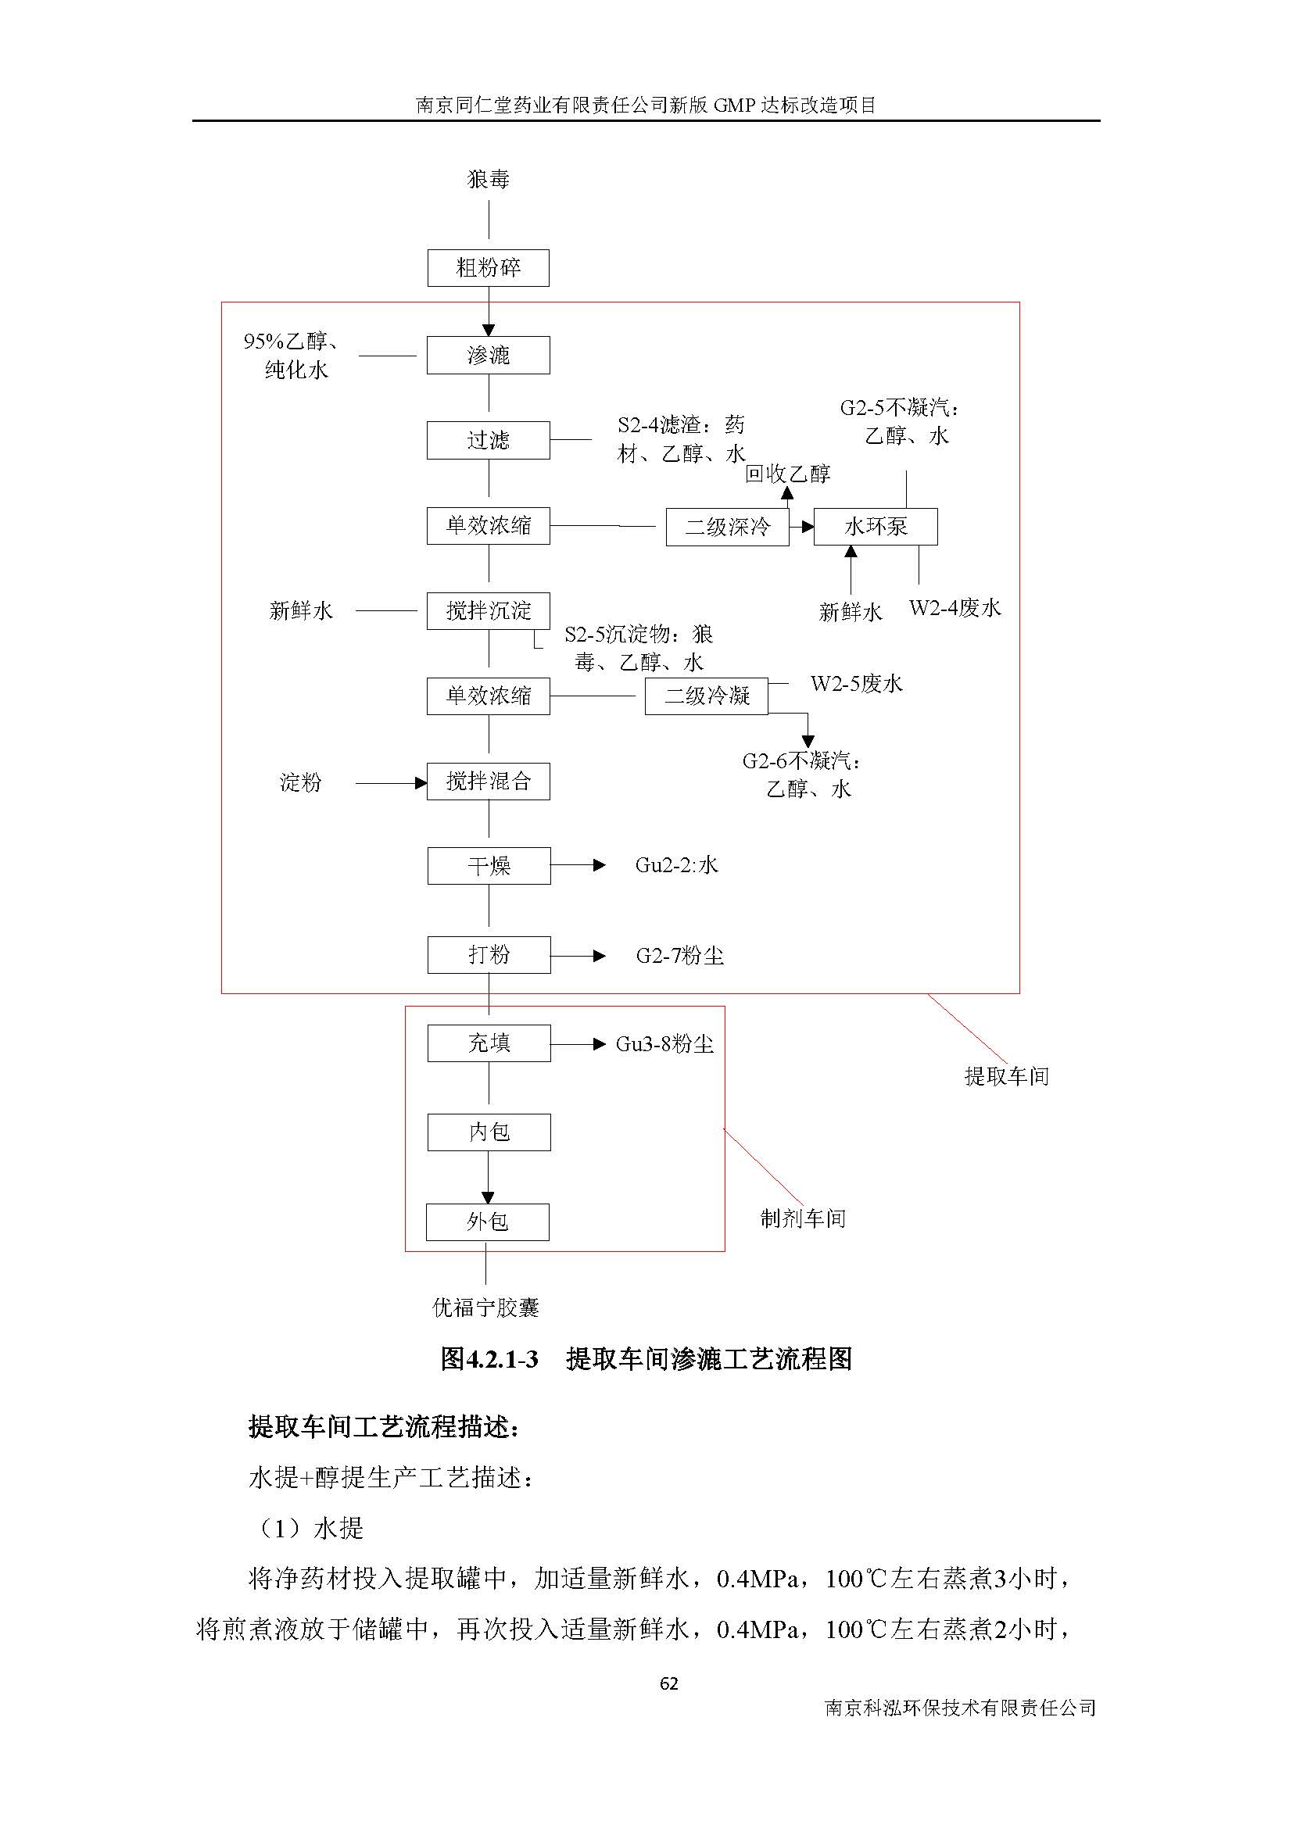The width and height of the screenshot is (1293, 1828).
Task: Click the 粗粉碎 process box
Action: click(x=487, y=268)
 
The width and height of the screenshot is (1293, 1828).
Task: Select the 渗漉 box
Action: click(x=487, y=355)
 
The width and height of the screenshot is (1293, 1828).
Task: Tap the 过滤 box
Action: click(x=487, y=440)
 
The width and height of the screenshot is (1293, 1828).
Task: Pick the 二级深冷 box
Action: click(x=727, y=527)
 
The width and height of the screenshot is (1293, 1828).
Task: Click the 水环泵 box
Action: click(x=875, y=527)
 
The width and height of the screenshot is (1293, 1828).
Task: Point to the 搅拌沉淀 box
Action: click(x=487, y=611)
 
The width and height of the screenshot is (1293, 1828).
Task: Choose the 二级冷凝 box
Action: click(x=706, y=696)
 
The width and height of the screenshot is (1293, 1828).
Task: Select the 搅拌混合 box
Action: click(x=487, y=782)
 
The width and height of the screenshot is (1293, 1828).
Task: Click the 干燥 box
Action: click(x=488, y=866)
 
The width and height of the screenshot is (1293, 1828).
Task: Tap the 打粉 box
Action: click(x=488, y=954)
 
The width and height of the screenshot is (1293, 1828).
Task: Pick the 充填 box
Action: click(x=488, y=1043)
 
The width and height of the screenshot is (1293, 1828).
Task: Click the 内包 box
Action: click(x=488, y=1132)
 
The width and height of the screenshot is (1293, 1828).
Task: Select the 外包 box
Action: click(x=487, y=1222)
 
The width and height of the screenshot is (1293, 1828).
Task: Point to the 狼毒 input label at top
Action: click(x=488, y=180)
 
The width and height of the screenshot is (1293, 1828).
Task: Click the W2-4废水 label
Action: click(x=955, y=609)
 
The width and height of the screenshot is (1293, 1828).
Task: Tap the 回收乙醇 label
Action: click(x=787, y=474)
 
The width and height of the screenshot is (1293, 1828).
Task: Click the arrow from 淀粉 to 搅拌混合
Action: click(x=390, y=783)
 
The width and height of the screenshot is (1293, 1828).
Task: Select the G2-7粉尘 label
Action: click(x=680, y=955)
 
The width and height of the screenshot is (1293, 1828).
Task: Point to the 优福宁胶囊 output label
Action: click(x=485, y=1308)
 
